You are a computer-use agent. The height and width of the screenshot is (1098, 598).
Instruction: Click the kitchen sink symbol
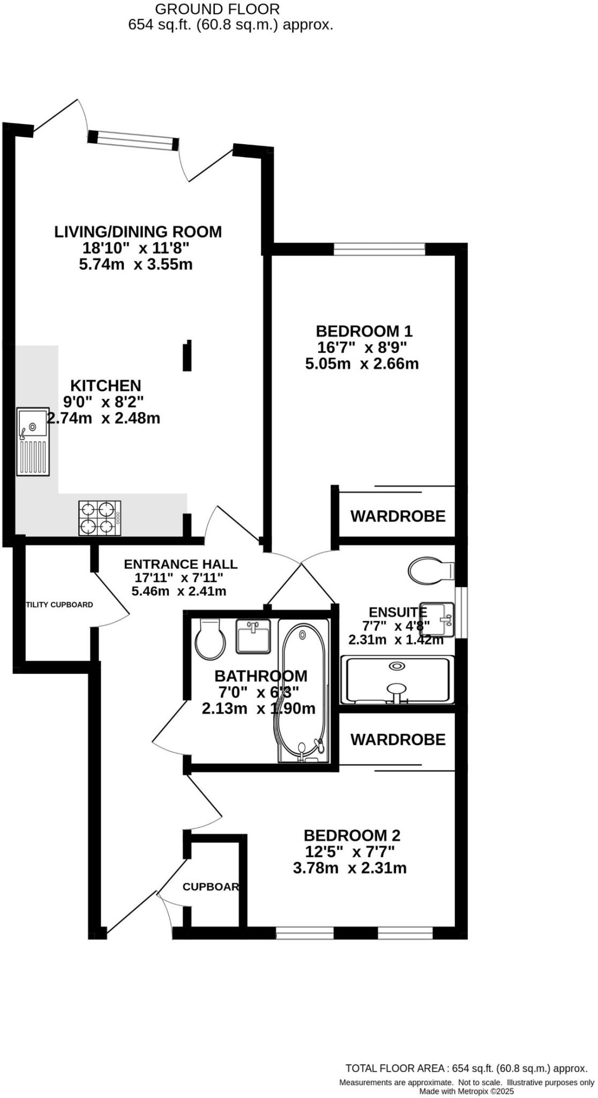click(x=33, y=442)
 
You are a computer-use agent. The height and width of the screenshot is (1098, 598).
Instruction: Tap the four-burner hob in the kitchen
click(x=100, y=518)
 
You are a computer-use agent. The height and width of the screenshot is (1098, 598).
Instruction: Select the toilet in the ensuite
click(x=430, y=571)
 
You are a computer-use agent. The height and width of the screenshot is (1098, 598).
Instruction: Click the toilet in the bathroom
click(x=210, y=639)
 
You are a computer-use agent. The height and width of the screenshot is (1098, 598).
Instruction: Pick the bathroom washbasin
click(x=253, y=636)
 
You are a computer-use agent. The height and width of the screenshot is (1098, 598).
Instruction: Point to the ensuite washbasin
click(x=437, y=619)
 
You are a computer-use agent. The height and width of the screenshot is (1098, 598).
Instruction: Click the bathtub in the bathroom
click(x=302, y=691)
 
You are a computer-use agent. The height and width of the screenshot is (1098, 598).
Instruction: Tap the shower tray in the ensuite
click(x=397, y=680)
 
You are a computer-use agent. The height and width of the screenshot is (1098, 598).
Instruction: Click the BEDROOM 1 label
click(x=364, y=331)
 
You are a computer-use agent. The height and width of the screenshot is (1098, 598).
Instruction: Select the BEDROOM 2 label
click(x=352, y=835)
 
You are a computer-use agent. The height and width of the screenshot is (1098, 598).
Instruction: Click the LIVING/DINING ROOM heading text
click(x=138, y=232)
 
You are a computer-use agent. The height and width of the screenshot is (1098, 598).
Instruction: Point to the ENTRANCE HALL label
click(x=180, y=564)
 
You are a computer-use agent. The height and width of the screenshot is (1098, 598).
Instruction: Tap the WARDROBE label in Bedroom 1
click(x=398, y=516)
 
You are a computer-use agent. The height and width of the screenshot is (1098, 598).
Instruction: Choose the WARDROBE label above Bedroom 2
click(x=398, y=740)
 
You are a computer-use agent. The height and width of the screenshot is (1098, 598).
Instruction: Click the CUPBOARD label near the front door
click(x=211, y=887)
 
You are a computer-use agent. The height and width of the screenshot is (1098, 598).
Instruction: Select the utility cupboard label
click(x=59, y=605)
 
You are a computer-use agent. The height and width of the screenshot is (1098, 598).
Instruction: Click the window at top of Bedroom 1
click(x=379, y=249)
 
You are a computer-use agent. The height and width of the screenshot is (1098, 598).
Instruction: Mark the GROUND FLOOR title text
click(x=217, y=9)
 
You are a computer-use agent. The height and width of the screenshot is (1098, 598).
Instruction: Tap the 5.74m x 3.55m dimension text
click(x=136, y=264)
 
